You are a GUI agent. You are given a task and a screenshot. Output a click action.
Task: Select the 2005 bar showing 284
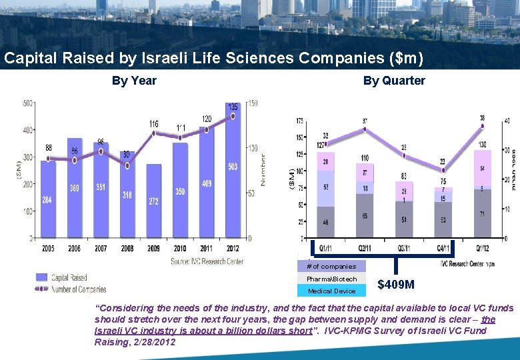[x=48, y=200]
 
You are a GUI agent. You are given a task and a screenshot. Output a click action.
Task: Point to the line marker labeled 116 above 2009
[x=154, y=133]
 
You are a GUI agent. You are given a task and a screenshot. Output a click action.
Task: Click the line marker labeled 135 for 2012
[x=233, y=116]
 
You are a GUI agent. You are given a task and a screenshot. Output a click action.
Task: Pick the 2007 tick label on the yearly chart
[x=101, y=248]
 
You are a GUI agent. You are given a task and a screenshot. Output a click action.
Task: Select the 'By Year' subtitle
[x=134, y=81]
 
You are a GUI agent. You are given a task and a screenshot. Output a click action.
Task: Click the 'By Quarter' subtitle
[x=393, y=81]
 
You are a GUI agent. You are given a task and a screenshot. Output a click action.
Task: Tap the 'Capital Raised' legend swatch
[x=41, y=277]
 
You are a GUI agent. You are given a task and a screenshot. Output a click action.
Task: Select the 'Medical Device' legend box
[x=331, y=291]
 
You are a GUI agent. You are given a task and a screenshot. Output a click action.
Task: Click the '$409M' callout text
[x=395, y=285]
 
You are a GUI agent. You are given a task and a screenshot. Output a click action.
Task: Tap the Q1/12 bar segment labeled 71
[x=483, y=213]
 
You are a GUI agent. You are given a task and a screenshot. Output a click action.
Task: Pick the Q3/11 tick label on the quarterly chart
[x=403, y=248]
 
